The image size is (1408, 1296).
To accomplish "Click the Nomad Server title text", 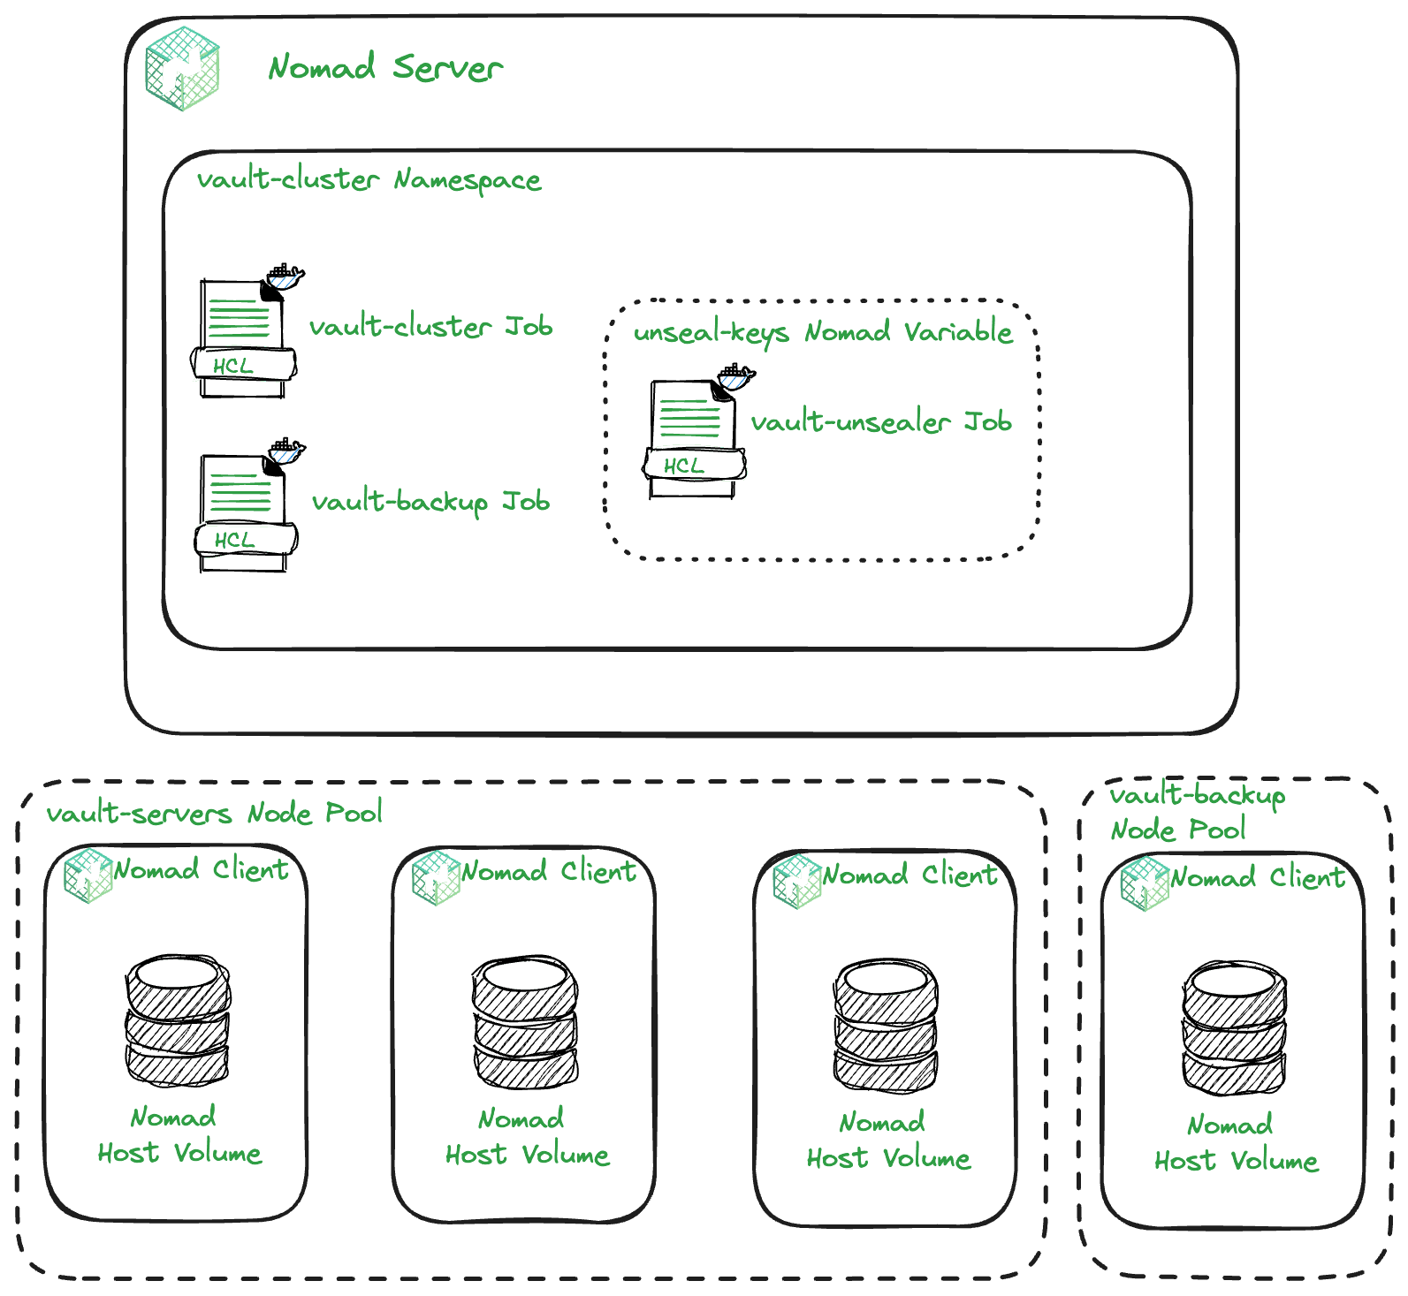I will click(385, 67).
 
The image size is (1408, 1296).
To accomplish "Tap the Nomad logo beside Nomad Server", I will click(183, 69).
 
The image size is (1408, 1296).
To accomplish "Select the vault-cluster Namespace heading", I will click(369, 179).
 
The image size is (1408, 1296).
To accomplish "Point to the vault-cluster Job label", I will click(431, 327).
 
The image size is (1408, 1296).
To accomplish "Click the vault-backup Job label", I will click(430, 502).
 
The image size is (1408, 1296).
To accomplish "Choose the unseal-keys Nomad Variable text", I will click(823, 332).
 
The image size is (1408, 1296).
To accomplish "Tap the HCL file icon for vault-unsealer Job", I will click(694, 436).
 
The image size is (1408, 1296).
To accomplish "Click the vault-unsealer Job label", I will click(881, 422).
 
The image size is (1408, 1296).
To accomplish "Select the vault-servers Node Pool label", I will click(214, 813).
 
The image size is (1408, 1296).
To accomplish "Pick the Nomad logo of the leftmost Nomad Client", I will click(88, 875).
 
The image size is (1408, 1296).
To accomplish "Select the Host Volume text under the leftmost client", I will click(179, 1153).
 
